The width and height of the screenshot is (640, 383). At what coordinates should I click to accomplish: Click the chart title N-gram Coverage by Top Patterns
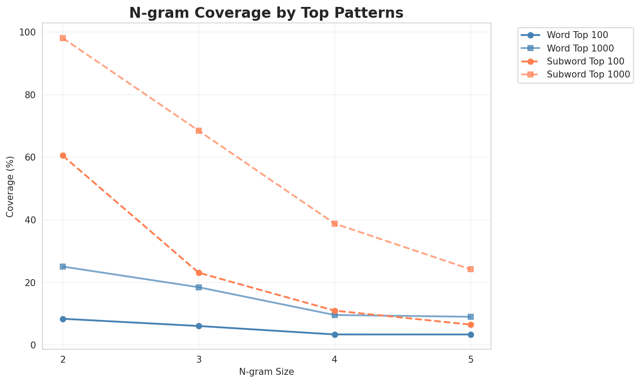point(266,13)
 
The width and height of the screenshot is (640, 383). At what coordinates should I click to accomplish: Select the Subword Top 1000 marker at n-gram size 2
point(63,38)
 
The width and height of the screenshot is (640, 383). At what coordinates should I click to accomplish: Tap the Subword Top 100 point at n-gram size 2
point(63,155)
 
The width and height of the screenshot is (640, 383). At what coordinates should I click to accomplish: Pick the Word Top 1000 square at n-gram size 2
point(63,267)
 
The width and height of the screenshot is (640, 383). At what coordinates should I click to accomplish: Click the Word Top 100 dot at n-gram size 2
point(63,319)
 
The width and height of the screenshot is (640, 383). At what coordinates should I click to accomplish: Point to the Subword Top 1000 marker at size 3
point(199,131)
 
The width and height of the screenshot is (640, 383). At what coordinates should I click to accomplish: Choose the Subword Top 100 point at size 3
point(199,273)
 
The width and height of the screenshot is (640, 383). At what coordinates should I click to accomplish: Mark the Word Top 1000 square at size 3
point(199,287)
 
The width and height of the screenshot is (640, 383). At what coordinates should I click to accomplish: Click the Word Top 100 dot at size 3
point(199,326)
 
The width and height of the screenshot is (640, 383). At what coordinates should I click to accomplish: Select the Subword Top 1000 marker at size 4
point(335,224)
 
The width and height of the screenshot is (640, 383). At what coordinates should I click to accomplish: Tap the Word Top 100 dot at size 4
point(335,335)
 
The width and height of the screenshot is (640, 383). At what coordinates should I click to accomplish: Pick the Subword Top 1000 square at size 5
point(471,269)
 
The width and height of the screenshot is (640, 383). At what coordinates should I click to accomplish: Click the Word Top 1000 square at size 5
point(471,317)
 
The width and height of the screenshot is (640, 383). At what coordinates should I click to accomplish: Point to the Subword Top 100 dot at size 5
point(471,325)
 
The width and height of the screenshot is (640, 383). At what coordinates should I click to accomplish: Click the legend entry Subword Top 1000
point(588,74)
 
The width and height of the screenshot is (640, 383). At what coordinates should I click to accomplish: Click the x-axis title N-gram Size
point(266,372)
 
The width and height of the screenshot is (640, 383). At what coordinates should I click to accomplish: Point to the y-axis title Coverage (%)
point(10,186)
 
